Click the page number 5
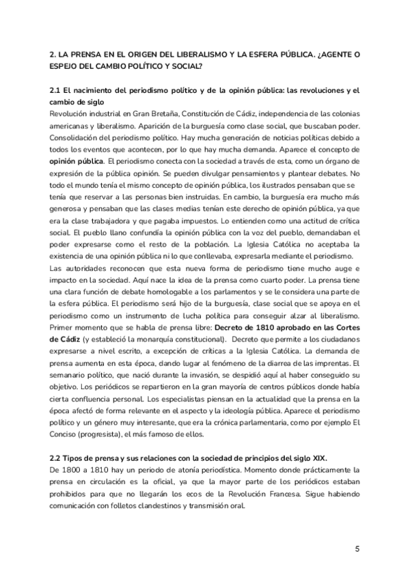click(357, 549)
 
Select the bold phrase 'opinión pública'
click(76, 161)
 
